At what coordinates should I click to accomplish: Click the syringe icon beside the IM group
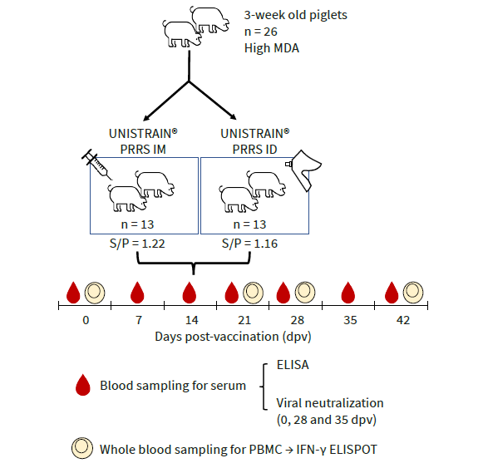tap(96, 165)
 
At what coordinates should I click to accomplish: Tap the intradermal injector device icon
tap(303, 170)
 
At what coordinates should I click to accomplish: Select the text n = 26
tap(260, 32)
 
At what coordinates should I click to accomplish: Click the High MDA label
tap(271, 48)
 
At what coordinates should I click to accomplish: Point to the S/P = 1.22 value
tap(137, 244)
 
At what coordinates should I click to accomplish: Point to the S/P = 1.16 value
tap(249, 244)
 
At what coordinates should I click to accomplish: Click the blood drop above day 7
tap(137, 293)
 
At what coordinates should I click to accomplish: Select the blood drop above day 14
tap(190, 293)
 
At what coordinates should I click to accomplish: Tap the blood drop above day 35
tap(348, 293)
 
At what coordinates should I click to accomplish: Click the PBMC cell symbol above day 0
tap(95, 293)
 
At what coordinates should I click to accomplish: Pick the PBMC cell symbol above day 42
tap(413, 293)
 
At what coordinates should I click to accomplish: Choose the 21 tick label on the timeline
tap(244, 320)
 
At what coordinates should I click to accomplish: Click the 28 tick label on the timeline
tap(298, 320)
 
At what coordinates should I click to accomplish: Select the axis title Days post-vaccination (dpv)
tap(233, 337)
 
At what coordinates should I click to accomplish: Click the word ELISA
tap(293, 365)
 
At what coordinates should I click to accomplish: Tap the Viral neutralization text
tap(330, 403)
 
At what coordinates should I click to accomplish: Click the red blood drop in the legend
tap(83, 385)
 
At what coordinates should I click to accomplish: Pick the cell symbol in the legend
tap(82, 448)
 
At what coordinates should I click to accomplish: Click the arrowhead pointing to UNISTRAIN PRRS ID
tap(234, 116)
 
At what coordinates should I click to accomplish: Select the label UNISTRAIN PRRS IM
tap(143, 141)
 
